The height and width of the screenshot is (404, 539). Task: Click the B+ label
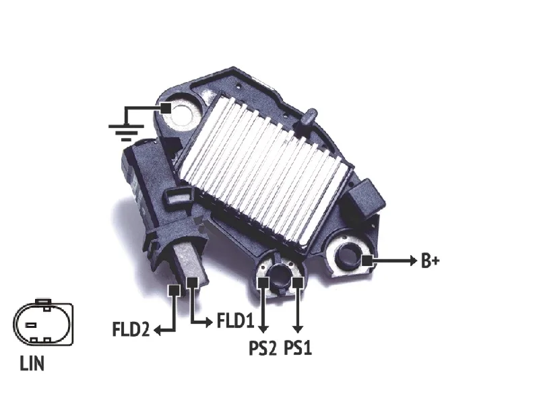pyautogui.click(x=430, y=261)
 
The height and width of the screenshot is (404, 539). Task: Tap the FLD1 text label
pyautogui.click(x=235, y=321)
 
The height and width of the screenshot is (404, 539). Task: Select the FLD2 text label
pyautogui.click(x=131, y=329)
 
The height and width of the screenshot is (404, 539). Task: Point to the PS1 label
pyautogui.click(x=298, y=348)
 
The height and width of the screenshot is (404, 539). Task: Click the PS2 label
pyautogui.click(x=262, y=348)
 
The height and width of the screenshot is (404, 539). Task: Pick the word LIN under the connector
pyautogui.click(x=32, y=364)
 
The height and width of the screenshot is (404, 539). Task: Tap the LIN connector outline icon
pyautogui.click(x=43, y=323)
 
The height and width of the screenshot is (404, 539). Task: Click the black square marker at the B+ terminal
pyautogui.click(x=367, y=261)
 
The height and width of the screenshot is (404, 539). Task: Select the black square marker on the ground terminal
pyautogui.click(x=166, y=108)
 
